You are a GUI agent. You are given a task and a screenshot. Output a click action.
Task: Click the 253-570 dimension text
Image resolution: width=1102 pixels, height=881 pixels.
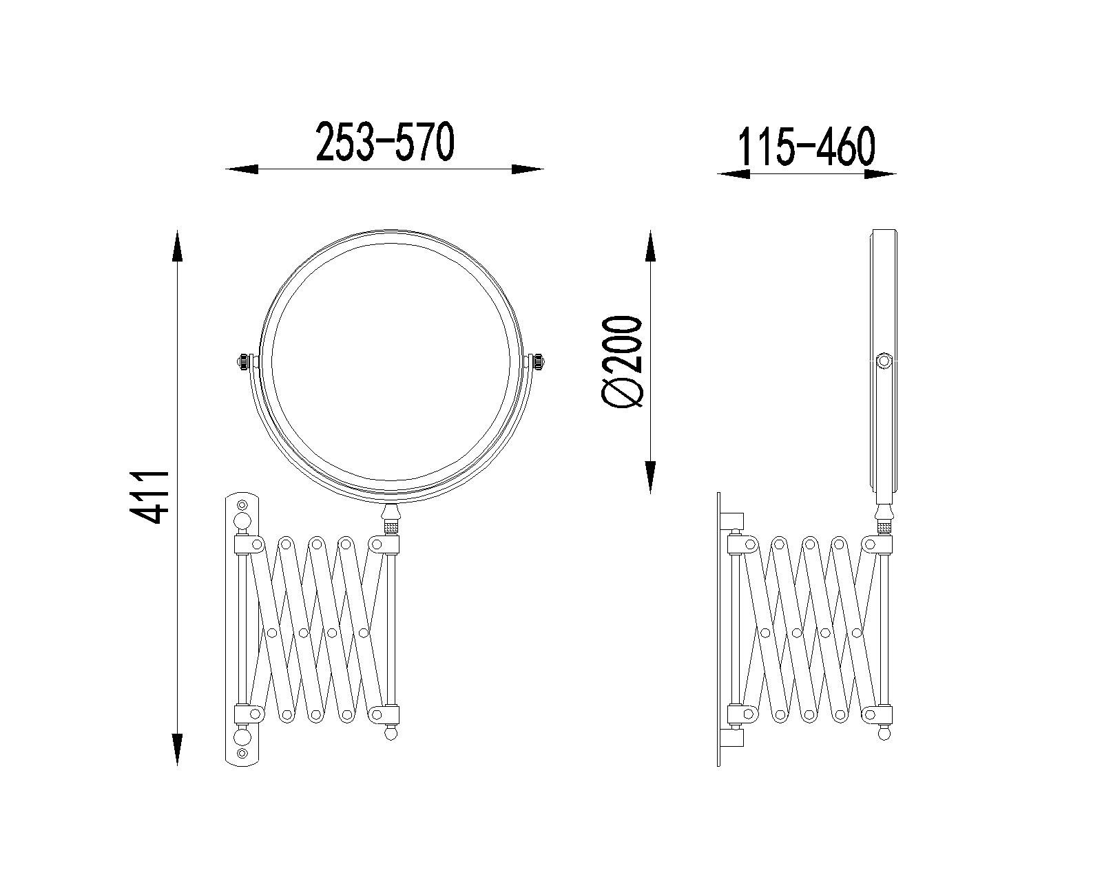coord(385,142)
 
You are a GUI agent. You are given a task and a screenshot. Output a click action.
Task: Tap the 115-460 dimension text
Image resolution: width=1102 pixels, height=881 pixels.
coord(806,147)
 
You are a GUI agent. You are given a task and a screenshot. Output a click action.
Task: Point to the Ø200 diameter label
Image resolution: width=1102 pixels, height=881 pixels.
coord(622,362)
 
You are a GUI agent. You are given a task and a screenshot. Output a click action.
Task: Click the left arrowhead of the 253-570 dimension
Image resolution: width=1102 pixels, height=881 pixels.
coord(242,169)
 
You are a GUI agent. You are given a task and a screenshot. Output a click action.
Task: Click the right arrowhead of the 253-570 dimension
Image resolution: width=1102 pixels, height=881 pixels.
coord(528,169)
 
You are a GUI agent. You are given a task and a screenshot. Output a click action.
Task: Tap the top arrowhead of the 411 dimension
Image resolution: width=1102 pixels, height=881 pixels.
coord(177,246)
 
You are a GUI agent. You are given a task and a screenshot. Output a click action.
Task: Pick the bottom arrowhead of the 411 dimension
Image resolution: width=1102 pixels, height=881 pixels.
coord(177,750)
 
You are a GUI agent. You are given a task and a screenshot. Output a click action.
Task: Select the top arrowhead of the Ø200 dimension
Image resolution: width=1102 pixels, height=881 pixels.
coord(650,246)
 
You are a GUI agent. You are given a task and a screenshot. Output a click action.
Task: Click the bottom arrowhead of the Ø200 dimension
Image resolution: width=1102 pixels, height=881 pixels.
coord(650,477)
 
